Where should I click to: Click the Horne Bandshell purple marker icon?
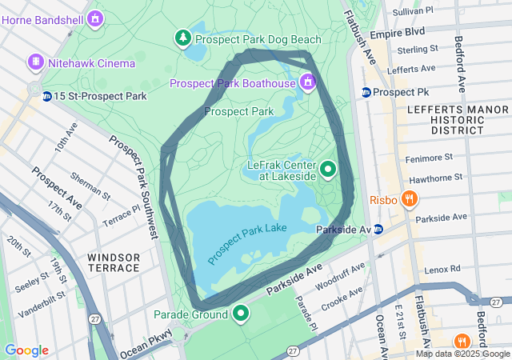point(96,17)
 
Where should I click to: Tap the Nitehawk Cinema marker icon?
point(35,62)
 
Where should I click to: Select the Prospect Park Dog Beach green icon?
point(184,38)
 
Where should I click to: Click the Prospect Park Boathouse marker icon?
point(307,82)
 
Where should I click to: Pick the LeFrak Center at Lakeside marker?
point(328,170)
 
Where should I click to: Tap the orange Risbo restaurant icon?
point(409,198)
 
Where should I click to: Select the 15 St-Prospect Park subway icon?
point(47,96)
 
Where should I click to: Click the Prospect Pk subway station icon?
point(366,92)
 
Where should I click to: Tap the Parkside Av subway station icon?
point(378,230)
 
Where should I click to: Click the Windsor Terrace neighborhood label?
point(114,262)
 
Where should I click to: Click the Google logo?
point(26,350)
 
